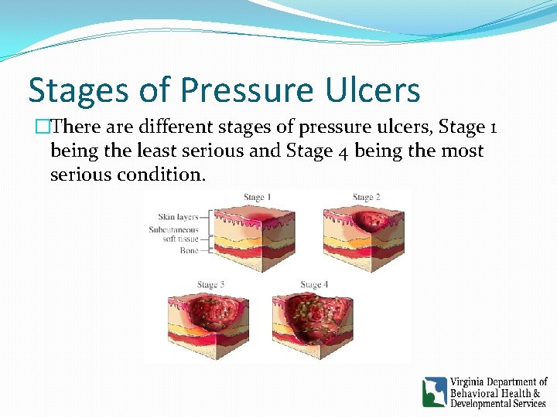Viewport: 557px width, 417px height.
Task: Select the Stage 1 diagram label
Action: point(258,198)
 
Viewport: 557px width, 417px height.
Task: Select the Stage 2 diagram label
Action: point(367,198)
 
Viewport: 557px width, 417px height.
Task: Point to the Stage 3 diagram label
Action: point(210,285)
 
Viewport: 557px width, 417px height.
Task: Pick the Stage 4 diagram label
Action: point(315,285)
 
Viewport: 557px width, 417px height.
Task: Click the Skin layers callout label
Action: point(178,218)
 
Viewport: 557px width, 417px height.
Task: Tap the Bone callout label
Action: point(189,250)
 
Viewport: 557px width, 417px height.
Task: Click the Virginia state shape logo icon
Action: point(435,392)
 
